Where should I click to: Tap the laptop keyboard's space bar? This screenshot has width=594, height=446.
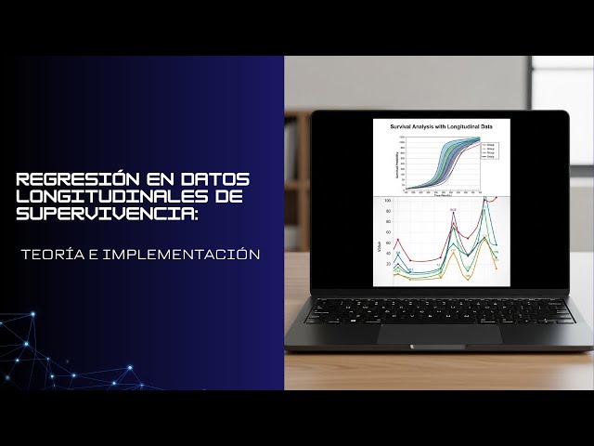click(427, 315)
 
